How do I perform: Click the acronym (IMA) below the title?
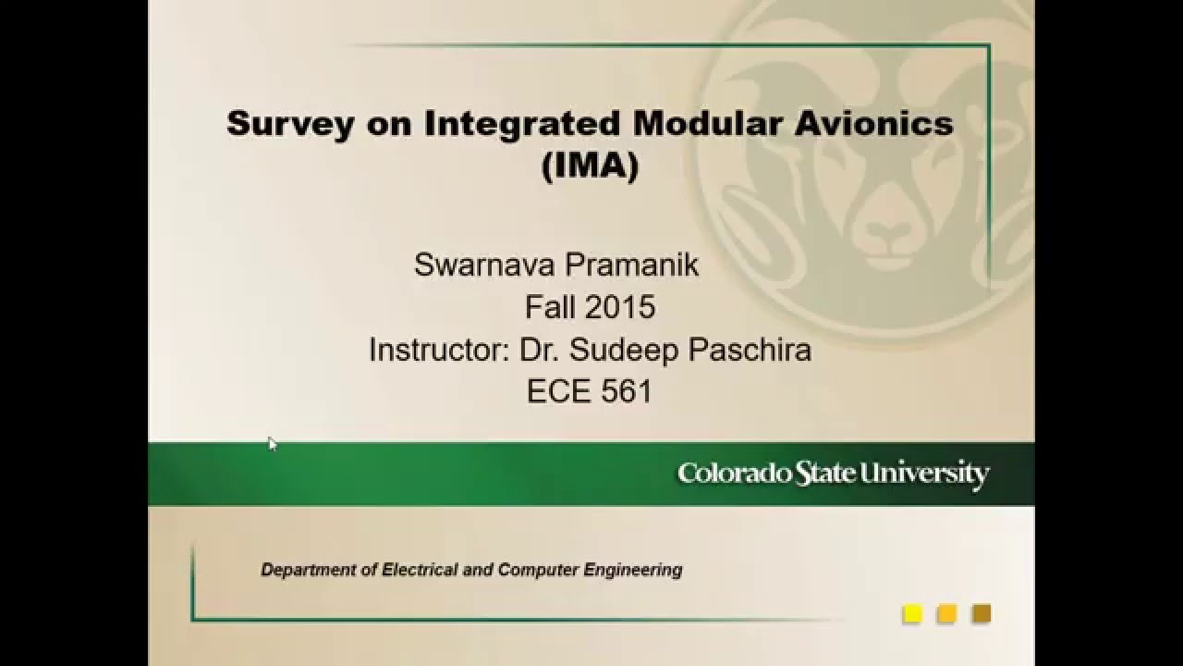coord(591,167)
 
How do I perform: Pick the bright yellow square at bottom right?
coord(912,613)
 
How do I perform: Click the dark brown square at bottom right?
coord(982,613)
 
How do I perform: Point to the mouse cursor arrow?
coord(272,442)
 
